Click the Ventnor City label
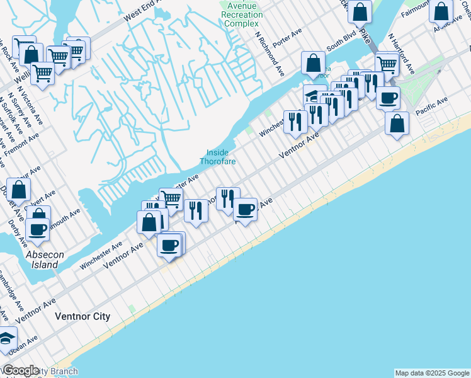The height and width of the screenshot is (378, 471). point(82,316)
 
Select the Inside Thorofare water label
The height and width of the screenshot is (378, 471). point(218,157)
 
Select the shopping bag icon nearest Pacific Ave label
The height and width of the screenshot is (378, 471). point(397,124)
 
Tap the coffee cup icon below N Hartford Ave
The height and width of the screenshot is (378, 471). point(388,97)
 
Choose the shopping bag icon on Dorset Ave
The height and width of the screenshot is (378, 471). point(20,189)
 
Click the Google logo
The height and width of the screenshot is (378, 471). point(21,370)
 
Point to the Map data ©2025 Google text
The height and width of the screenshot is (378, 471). point(431,373)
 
